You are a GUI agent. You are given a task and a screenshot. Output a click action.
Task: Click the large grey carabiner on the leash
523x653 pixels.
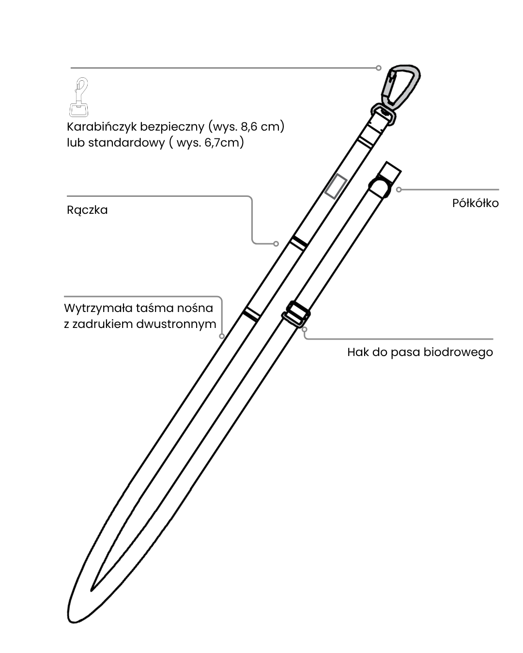[401, 86]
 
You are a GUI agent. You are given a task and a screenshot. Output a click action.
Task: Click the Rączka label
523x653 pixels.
[87, 210]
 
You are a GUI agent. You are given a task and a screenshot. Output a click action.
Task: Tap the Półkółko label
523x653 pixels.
[475, 203]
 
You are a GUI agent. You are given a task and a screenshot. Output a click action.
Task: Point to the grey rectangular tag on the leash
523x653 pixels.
[335, 186]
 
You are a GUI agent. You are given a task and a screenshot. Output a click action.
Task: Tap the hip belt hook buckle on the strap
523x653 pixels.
[296, 314]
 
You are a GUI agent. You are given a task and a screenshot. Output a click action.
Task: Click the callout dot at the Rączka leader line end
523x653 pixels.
[276, 243]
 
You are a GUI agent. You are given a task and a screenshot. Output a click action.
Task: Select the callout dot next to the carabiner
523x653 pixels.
[379, 68]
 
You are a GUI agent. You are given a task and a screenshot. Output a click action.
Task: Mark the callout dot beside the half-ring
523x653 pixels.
[399, 190]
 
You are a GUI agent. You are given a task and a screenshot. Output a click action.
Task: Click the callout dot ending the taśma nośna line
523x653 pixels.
[222, 336]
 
